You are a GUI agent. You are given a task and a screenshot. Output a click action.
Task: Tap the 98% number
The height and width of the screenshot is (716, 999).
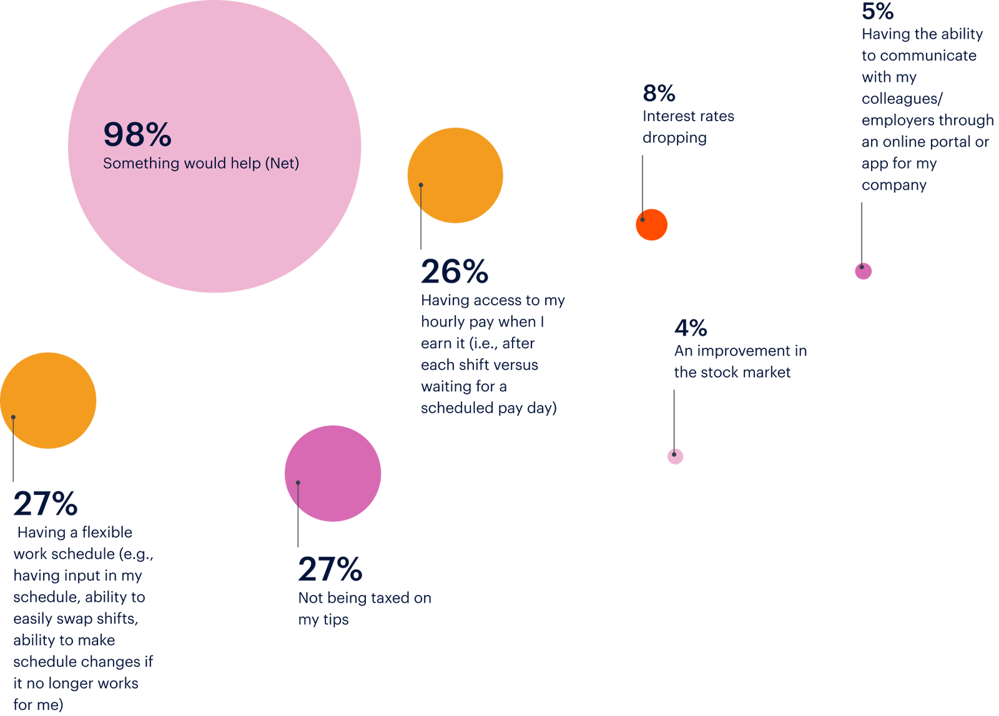pyautogui.click(x=137, y=134)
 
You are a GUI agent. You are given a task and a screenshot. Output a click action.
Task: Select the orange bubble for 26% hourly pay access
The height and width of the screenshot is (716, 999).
pyautogui.click(x=462, y=169)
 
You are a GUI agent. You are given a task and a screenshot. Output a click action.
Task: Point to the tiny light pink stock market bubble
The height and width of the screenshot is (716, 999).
pyautogui.click(x=676, y=457)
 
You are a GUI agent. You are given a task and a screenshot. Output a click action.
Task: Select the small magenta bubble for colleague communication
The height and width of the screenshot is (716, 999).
pyautogui.click(x=864, y=272)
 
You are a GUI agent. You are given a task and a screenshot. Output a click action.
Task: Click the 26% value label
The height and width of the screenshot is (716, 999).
pyautogui.click(x=454, y=272)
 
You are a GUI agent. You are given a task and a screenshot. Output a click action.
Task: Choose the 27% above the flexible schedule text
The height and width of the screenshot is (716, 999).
pyautogui.click(x=46, y=504)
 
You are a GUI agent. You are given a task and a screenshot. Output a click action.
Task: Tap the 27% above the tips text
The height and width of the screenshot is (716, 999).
pyautogui.click(x=330, y=569)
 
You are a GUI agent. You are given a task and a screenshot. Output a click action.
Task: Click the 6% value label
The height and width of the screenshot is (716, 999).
pyautogui.click(x=659, y=94)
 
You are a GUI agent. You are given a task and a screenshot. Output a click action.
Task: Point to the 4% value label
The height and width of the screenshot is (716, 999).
pyautogui.click(x=691, y=328)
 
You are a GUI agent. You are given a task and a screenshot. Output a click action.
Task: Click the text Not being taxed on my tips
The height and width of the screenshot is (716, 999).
pyautogui.click(x=364, y=609)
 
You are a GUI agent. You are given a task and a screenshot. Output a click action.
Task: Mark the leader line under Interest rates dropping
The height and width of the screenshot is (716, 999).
pyautogui.click(x=642, y=181)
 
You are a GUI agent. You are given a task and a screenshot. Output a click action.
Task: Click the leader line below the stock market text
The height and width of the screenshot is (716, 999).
pyautogui.click(x=674, y=415)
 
